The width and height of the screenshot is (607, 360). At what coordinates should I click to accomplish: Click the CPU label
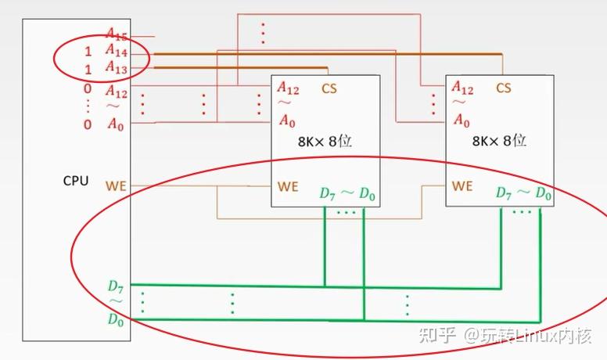click(x=76, y=182)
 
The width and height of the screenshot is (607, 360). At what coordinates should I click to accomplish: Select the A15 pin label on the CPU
click(x=117, y=34)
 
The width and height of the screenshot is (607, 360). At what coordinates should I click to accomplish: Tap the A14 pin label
click(x=117, y=52)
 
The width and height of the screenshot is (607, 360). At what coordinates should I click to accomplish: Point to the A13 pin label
click(x=117, y=69)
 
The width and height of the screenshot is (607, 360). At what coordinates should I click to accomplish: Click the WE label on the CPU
click(x=117, y=186)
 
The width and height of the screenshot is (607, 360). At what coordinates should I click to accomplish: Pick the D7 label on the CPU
click(x=116, y=287)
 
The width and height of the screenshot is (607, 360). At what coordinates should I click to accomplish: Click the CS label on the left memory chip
click(x=329, y=88)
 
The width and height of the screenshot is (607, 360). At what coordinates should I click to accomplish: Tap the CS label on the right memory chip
click(x=504, y=88)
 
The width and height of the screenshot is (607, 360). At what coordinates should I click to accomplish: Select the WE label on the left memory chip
click(x=287, y=187)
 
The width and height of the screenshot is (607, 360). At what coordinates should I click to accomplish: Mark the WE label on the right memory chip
click(x=462, y=186)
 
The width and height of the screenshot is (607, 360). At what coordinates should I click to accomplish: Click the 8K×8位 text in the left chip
click(x=325, y=142)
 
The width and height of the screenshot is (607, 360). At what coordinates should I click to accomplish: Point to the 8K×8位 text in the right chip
click(x=500, y=142)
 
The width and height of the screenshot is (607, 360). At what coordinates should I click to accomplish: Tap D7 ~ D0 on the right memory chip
click(x=523, y=193)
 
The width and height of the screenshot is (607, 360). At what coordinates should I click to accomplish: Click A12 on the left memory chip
click(x=288, y=88)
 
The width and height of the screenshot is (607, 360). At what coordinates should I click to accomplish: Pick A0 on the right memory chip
click(x=462, y=121)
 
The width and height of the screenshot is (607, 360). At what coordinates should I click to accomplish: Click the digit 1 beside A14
click(x=88, y=52)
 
